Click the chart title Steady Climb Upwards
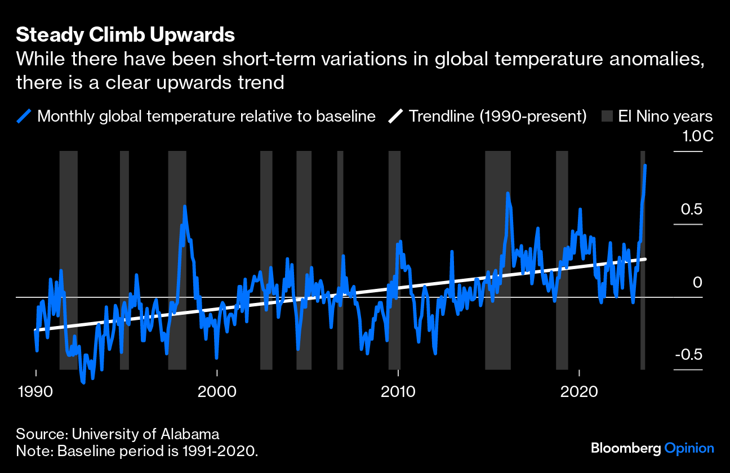(x=125, y=35)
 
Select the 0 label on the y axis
(x=697, y=282)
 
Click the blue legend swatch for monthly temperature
(x=24, y=117)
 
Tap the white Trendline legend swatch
(x=395, y=117)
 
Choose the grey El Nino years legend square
(x=607, y=117)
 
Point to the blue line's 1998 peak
(x=184, y=207)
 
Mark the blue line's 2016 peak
(x=508, y=194)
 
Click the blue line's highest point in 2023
(x=645, y=166)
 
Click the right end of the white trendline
(x=645, y=259)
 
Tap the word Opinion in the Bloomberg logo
(x=689, y=448)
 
